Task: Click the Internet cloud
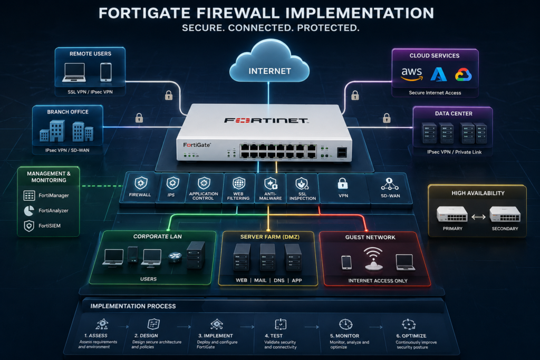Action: [269, 62]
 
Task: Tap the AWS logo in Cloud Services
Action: [412, 74]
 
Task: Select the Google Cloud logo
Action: [463, 74]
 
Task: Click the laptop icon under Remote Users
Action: [74, 72]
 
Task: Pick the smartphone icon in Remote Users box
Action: [105, 72]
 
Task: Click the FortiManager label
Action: [54, 196]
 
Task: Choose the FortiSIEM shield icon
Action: [29, 226]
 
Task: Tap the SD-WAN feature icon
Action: [390, 184]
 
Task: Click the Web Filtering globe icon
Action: [239, 183]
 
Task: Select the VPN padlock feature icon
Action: [343, 184]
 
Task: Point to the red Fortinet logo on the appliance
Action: [266, 121]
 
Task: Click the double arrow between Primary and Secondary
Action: [478, 217]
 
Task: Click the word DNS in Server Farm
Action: [279, 280]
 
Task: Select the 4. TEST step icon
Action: [281, 324]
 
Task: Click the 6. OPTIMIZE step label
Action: [411, 336]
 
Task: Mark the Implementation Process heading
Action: [133, 306]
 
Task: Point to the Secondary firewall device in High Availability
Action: [505, 214]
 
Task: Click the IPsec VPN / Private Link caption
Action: [454, 152]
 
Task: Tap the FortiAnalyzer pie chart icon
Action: [29, 211]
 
